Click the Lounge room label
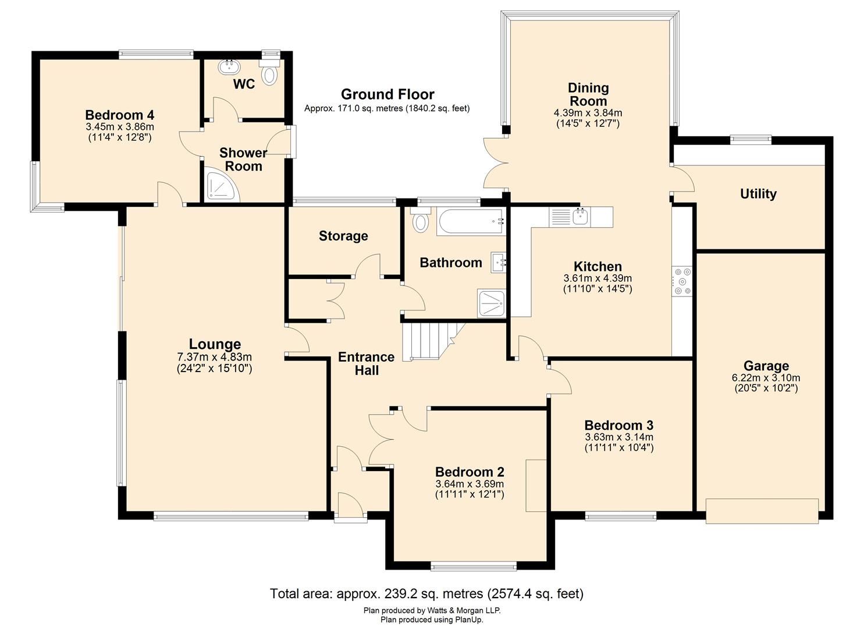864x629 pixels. [215, 344]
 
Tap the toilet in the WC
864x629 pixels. [269, 75]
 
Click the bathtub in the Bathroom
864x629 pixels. [470, 222]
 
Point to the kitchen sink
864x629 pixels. [579, 217]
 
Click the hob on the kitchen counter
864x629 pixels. [682, 281]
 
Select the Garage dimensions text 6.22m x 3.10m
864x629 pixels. [766, 377]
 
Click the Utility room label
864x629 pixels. [758, 194]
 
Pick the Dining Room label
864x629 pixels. [588, 94]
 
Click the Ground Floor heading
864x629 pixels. [387, 94]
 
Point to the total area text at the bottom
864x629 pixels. [426, 593]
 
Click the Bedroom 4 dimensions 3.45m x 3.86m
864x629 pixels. [120, 126]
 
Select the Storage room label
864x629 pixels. [343, 236]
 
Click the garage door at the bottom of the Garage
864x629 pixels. [762, 511]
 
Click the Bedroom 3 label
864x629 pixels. [619, 425]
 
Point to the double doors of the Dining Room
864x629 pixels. [495, 163]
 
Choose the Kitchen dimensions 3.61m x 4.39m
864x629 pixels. [598, 278]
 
